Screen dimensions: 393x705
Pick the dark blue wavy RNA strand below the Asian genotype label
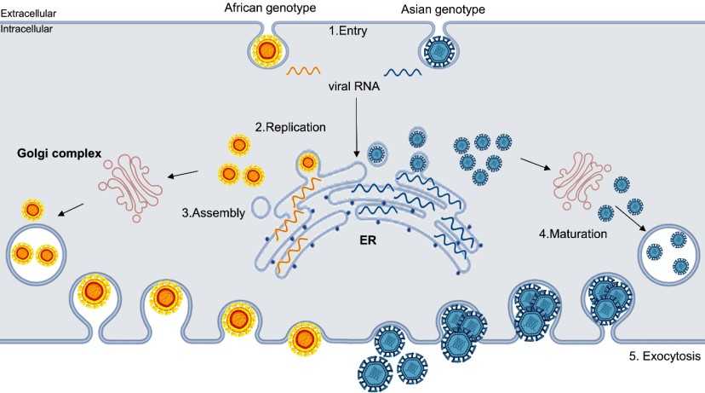pos(404,72)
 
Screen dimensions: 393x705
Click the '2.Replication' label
pos(289,127)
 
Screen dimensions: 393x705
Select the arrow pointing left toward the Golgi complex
pos(183,175)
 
